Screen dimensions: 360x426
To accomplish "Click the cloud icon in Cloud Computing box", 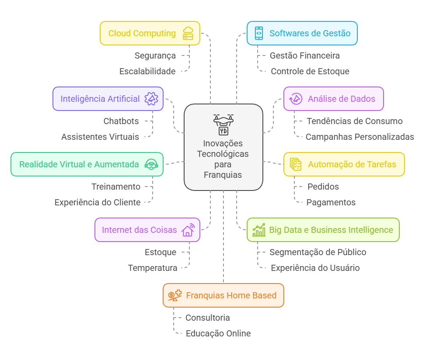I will pos(188,33).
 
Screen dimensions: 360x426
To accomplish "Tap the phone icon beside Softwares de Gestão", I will pos(258,33).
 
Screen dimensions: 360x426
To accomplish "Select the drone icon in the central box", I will pos(223,124).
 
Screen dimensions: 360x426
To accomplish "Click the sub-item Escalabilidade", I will pos(147,71).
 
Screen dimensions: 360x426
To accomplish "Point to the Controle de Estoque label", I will pos(310,71).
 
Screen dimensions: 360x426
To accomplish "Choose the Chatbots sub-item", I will pos(121,121).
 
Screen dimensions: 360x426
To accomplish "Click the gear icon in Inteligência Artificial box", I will pos(151,99).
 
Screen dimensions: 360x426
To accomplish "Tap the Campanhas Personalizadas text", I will pos(360,137).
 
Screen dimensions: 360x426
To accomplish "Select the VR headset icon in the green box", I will pos(151,164).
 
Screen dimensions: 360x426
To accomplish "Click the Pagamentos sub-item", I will pos(331,202).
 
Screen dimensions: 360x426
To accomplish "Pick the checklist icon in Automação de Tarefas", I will pos(296,164).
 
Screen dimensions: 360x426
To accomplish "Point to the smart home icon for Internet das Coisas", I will pos(188,230).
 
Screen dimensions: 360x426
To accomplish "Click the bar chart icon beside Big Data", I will pos(258,230).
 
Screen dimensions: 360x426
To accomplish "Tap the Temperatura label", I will pos(153,268).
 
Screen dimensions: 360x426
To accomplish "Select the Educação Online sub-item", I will pos(218,333).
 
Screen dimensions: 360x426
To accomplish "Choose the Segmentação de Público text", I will pos(318,252).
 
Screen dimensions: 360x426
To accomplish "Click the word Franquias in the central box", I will pos(223,175).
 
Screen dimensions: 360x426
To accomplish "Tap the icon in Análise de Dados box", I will pos(296,99).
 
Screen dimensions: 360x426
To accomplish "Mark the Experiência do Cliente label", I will pos(98,202).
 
